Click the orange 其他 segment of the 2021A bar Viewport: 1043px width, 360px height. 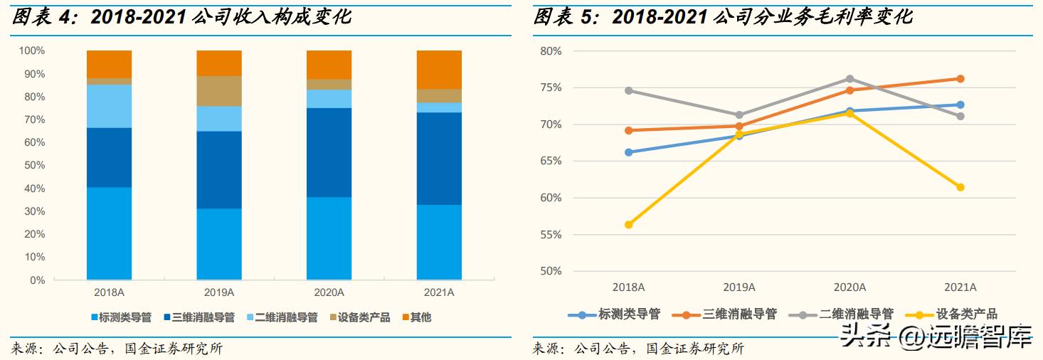[439, 70]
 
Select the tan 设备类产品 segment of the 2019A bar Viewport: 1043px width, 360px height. [219, 91]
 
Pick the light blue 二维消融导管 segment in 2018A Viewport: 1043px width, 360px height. [109, 106]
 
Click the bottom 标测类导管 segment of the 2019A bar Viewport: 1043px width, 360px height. [219, 243]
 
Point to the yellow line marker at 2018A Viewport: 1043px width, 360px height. [628, 225]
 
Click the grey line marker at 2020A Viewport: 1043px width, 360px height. [849, 79]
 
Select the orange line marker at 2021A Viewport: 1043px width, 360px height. [960, 79]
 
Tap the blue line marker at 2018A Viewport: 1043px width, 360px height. [628, 152]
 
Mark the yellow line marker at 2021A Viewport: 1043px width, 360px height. [960, 187]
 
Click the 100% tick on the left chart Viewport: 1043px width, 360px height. [31, 51]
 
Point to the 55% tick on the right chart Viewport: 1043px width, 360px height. [551, 235]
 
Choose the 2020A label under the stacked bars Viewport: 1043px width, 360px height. [329, 292]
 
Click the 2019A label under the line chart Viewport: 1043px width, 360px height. [738, 287]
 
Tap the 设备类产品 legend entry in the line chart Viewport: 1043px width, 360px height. [966, 314]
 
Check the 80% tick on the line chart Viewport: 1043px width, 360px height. [551, 51]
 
